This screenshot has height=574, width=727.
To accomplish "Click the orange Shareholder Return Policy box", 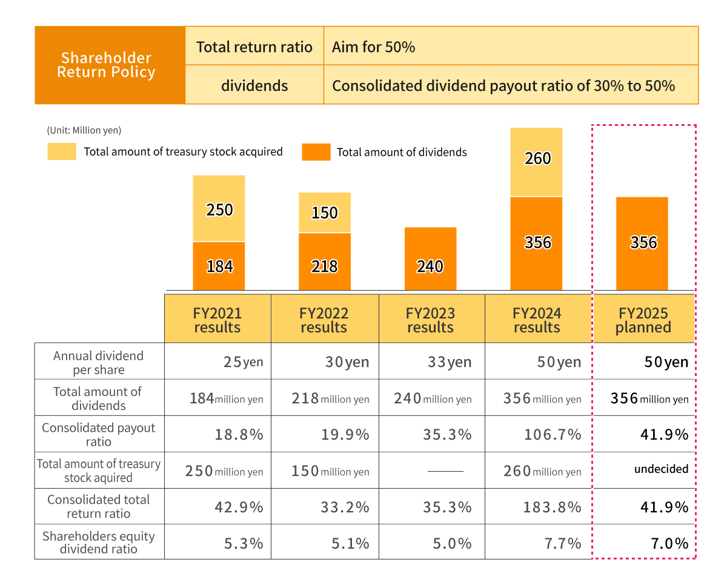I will (110, 65).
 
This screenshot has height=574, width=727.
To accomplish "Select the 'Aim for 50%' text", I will (373, 47).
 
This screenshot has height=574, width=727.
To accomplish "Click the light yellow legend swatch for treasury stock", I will (62, 151).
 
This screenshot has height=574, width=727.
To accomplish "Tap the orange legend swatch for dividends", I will (316, 152).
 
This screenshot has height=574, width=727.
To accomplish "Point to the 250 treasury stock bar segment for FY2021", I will (219, 208).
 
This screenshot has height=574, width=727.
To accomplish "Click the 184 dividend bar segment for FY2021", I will (219, 266).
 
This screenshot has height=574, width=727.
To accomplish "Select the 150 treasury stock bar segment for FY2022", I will (324, 213).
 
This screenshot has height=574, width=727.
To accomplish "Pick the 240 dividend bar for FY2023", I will (430, 259).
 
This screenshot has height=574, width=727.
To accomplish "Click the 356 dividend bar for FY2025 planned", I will (642, 243).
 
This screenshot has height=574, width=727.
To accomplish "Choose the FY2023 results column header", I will (431, 320).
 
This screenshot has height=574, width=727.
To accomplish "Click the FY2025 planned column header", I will (643, 320).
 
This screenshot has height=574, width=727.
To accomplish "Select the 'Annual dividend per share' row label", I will (99, 363).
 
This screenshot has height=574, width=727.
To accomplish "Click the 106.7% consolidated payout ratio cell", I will (552, 435).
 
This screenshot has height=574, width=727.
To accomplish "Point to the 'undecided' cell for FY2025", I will (661, 469).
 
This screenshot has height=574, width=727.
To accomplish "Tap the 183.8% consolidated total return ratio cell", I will (552, 507).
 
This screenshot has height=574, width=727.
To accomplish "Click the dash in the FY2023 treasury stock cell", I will (445, 471).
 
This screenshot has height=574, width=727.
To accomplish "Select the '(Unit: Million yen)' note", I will (84, 130).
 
